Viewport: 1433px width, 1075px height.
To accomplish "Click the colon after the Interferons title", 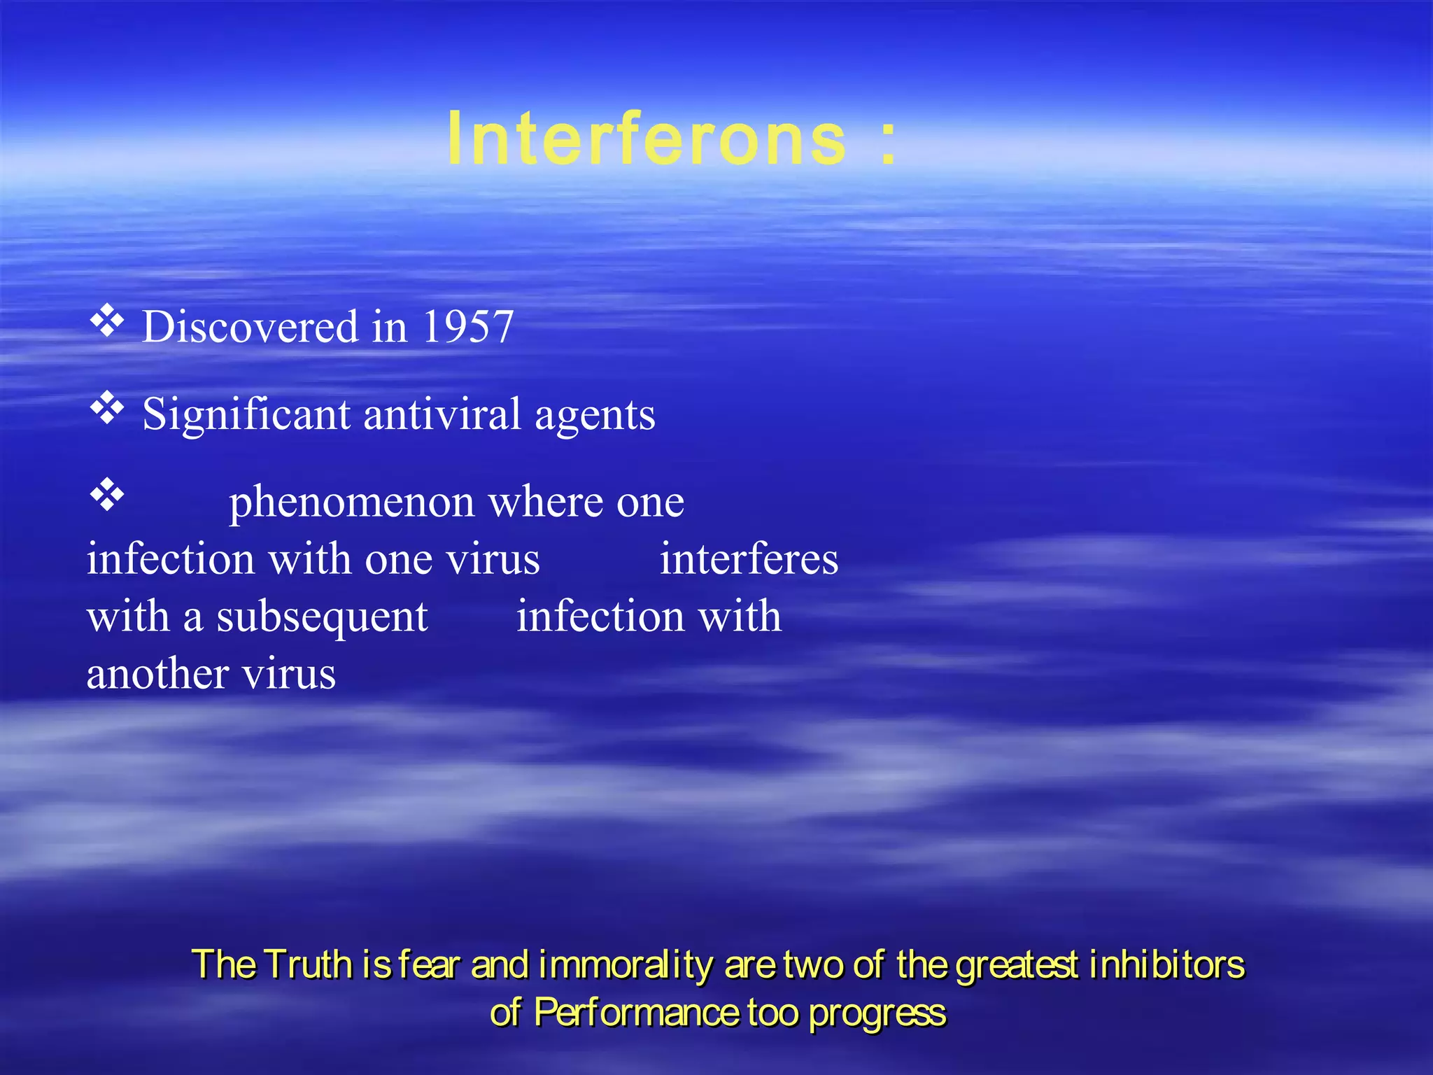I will tap(888, 141).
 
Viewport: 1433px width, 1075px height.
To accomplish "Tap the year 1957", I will tap(468, 327).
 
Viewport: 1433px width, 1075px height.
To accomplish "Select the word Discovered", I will tap(250, 327).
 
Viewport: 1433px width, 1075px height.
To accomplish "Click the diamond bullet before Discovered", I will tap(107, 321).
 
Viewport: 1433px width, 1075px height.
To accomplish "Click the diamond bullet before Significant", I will tap(107, 408).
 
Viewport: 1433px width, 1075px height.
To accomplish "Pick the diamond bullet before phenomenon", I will tap(107, 495).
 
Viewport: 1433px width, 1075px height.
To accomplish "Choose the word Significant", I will tap(246, 414).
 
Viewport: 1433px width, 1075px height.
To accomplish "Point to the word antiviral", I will tap(442, 414).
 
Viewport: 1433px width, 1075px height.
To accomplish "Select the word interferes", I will tap(749, 559).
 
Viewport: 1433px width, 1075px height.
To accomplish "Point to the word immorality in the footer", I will tap(626, 965).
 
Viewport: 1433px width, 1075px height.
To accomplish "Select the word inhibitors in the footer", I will tap(1166, 964).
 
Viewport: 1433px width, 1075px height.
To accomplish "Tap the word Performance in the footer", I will tap(635, 1013).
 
